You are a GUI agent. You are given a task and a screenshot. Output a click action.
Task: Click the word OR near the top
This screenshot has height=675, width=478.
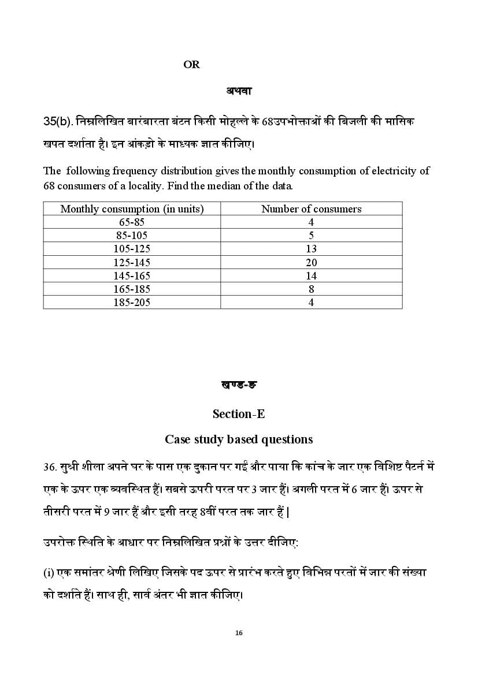coord(191,65)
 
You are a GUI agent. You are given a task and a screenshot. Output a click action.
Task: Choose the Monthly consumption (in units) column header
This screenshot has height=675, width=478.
coord(132,209)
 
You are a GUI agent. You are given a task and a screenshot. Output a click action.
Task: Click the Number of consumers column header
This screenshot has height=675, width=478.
coord(311,209)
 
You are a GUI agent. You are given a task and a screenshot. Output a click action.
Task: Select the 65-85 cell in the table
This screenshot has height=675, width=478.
coord(132,222)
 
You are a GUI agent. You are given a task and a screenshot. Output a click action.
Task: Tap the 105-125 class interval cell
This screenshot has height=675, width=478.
coord(132,249)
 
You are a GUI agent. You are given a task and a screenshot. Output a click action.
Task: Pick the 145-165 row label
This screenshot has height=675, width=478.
coord(132,275)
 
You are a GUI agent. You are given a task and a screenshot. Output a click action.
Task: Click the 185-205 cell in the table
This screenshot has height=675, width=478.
coord(132,302)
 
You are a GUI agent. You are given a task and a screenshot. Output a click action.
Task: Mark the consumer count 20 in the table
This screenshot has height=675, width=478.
coord(311,262)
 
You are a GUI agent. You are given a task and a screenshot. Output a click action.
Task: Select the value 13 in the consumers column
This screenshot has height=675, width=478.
coord(311,249)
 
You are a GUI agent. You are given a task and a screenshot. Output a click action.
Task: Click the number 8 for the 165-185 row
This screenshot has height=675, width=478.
coord(311,289)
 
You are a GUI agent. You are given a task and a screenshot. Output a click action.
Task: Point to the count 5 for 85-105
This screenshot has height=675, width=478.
coord(311,236)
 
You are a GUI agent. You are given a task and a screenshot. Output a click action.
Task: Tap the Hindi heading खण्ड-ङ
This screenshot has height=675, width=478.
coord(238,385)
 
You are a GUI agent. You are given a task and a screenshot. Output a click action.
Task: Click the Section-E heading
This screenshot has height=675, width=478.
coord(239,413)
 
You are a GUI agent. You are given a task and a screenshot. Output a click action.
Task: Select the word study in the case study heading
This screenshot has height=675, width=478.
coord(209,439)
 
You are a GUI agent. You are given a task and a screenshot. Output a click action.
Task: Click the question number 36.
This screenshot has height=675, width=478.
coord(49,466)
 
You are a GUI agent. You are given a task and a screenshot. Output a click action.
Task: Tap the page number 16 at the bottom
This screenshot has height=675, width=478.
coord(239,633)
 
